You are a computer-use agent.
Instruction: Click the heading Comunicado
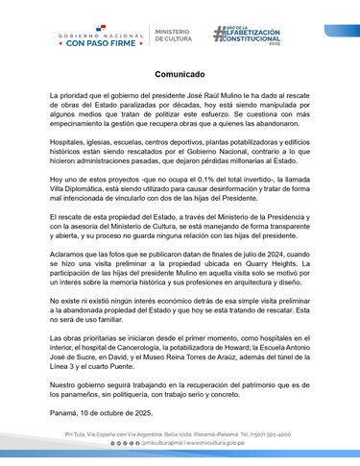click(x=180, y=74)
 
